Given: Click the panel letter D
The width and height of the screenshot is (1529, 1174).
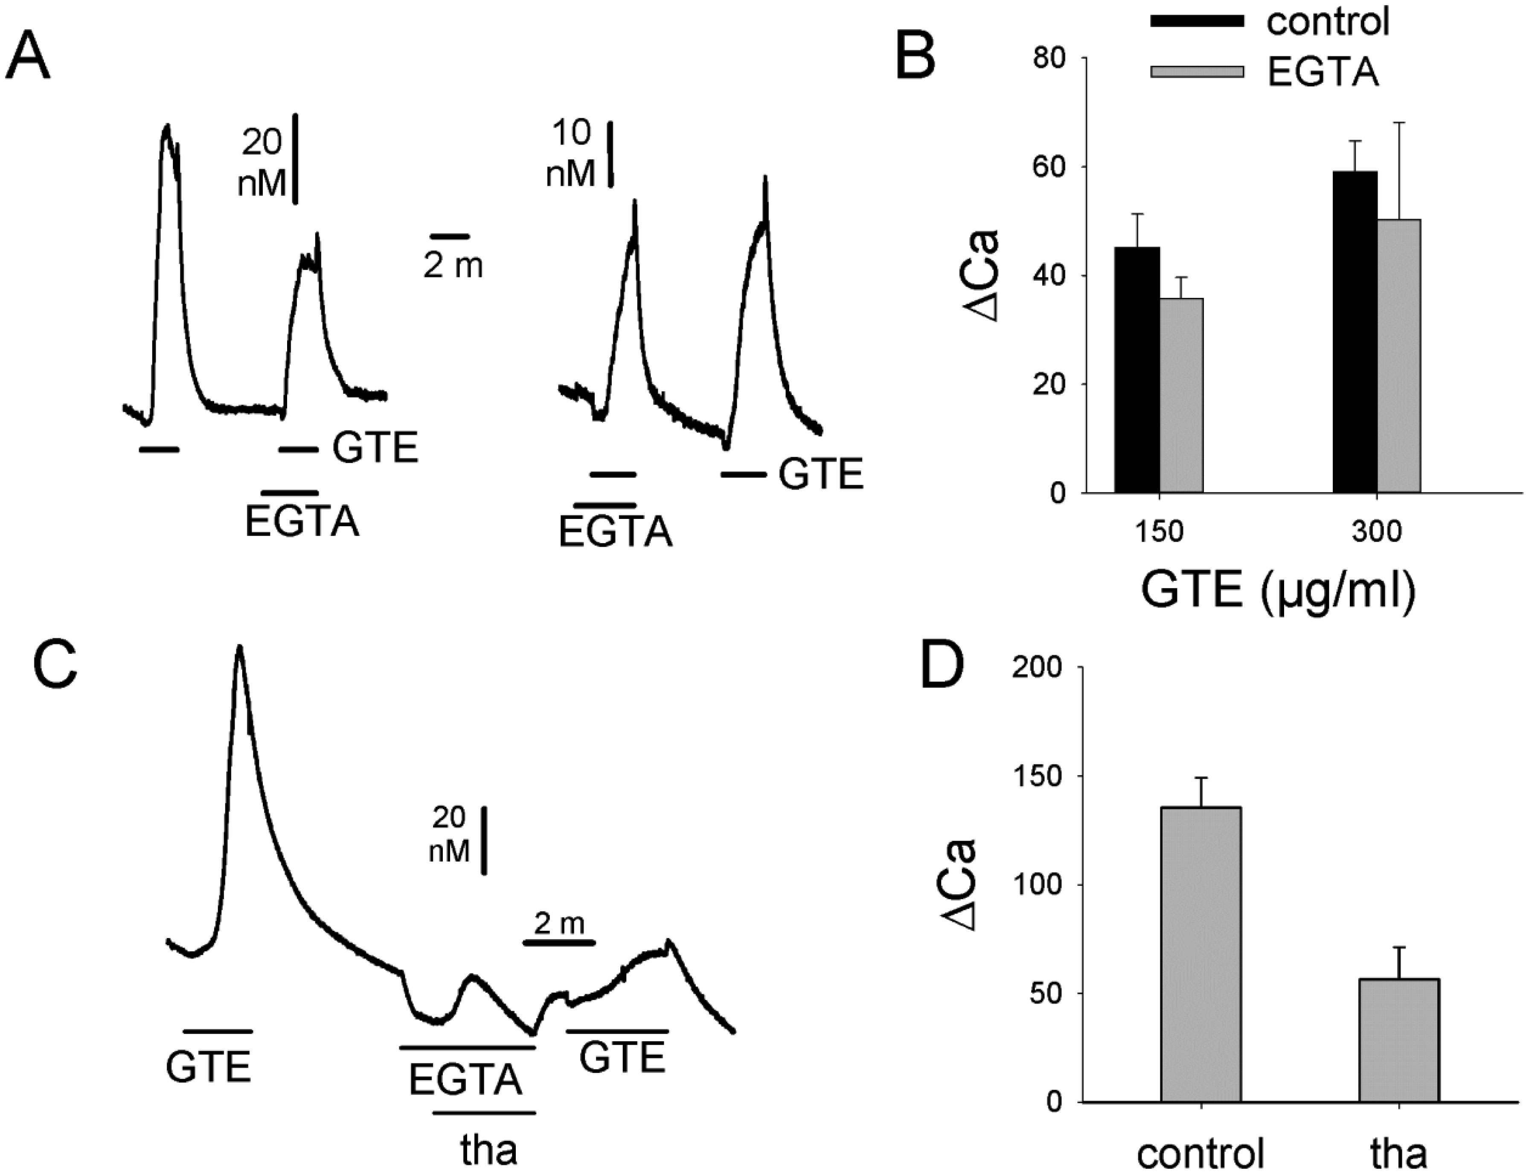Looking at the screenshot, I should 942,664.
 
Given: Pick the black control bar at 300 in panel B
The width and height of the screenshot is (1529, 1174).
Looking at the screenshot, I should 1355,332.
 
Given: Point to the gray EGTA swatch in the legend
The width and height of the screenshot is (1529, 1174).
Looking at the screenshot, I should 1197,71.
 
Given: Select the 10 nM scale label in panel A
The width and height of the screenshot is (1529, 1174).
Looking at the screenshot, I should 571,154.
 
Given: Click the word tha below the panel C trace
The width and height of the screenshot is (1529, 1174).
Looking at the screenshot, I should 489,1150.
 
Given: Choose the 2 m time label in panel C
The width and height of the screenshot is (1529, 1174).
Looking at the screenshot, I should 559,924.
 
